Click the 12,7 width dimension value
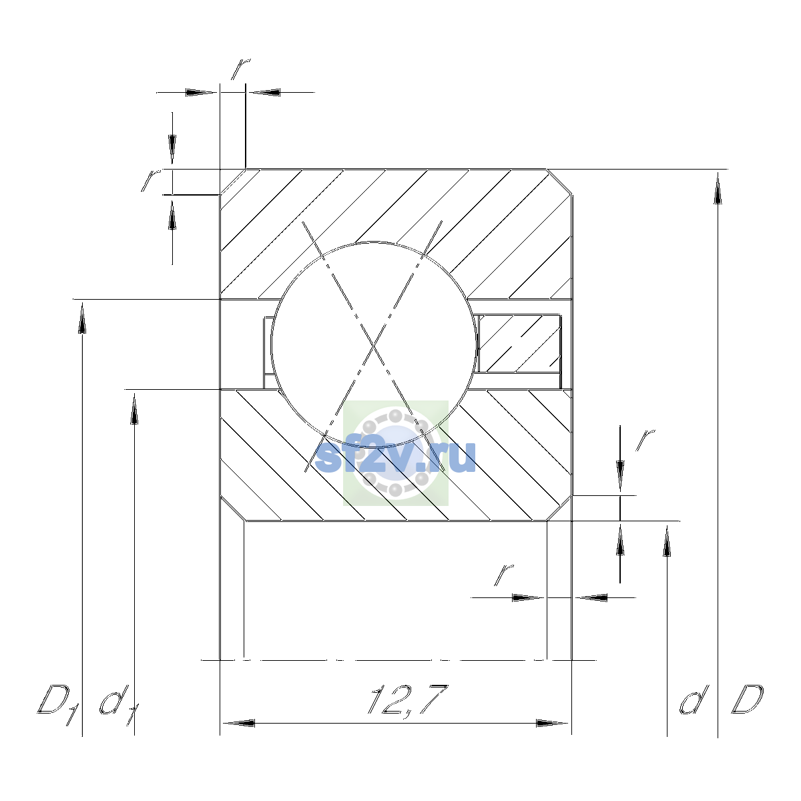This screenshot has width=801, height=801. pyautogui.click(x=408, y=700)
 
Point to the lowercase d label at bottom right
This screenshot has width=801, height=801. pyautogui.click(x=694, y=700)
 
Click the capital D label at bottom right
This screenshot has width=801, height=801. pyautogui.click(x=748, y=700)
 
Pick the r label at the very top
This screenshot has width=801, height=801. pyautogui.click(x=241, y=69)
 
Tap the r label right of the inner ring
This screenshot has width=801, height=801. pyautogui.click(x=645, y=440)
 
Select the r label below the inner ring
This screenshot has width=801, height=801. pyautogui.click(x=504, y=575)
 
